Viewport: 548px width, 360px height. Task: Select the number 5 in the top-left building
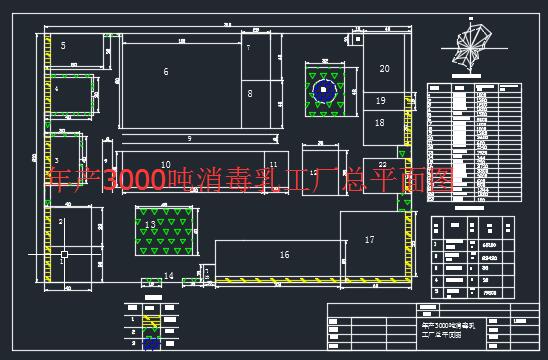click(x=63, y=46)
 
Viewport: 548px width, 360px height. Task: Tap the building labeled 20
click(x=384, y=68)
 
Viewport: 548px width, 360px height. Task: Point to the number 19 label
click(x=380, y=101)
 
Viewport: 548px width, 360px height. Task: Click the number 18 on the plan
click(x=380, y=122)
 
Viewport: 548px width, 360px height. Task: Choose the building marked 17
click(x=369, y=240)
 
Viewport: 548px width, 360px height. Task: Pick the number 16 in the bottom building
click(x=284, y=255)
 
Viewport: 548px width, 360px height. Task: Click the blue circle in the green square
click(x=323, y=91)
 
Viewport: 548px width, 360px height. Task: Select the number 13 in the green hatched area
click(x=150, y=225)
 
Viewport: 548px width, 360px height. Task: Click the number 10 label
click(x=165, y=164)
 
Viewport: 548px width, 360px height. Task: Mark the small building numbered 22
click(x=382, y=164)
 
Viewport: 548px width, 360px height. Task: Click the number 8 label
click(x=250, y=93)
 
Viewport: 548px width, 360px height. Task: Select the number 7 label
click(x=248, y=48)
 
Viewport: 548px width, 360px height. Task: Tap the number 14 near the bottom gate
click(x=168, y=275)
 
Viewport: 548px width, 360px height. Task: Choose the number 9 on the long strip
click(x=188, y=138)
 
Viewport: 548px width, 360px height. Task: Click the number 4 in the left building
click(x=56, y=89)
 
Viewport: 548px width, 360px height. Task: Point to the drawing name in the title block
click(x=447, y=331)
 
